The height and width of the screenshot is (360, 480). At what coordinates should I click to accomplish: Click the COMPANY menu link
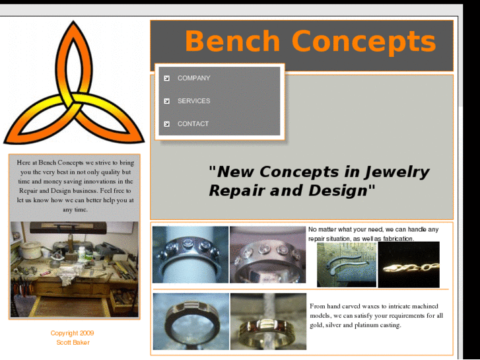193,78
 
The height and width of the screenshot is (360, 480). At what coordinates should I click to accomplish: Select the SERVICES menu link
193,101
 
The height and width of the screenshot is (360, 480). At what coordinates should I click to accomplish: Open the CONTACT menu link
193,124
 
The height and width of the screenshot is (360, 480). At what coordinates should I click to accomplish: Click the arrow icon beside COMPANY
167,78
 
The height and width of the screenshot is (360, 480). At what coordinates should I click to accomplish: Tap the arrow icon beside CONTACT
167,124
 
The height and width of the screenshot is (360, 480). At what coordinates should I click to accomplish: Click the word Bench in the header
232,41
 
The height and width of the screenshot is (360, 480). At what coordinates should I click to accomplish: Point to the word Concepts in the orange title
364,41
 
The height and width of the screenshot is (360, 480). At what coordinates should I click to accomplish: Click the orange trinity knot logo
74,83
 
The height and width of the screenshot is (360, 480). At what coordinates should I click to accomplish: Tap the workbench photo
75,269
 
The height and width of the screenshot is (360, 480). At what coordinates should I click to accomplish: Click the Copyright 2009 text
73,333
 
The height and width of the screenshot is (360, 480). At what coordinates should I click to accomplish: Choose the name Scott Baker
73,342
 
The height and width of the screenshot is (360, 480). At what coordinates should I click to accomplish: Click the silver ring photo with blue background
190,254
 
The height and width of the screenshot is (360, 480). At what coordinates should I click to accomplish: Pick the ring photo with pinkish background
267,254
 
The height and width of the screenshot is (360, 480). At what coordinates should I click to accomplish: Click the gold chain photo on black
409,264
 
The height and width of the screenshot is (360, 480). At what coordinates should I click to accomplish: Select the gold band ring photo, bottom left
191,321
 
